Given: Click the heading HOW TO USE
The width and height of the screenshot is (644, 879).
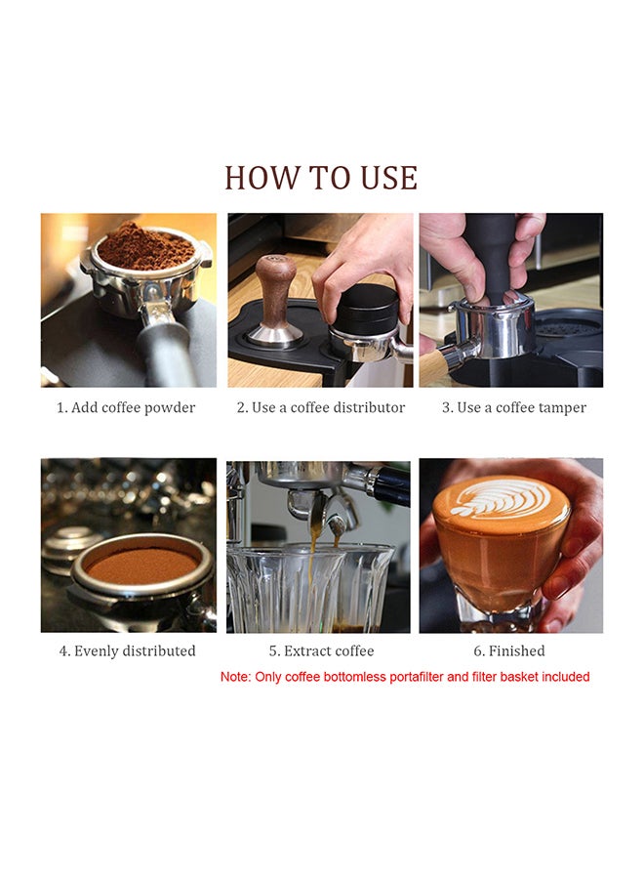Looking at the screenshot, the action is pyautogui.click(x=321, y=178).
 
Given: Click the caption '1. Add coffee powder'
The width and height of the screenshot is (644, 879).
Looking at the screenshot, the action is pyautogui.click(x=126, y=407).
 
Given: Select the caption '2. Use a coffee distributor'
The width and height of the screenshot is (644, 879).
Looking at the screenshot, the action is pyautogui.click(x=320, y=407).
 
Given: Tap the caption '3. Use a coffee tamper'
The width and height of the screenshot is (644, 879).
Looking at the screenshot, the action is pyautogui.click(x=513, y=407).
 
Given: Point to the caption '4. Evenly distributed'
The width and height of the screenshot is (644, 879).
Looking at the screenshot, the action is pyautogui.click(x=127, y=650).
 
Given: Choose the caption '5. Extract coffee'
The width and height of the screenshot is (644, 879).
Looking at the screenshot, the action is pyautogui.click(x=321, y=650).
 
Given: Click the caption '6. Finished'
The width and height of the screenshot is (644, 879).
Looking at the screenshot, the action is pyautogui.click(x=509, y=650).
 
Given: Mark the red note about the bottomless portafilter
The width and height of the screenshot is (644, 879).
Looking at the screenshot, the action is pyautogui.click(x=405, y=677).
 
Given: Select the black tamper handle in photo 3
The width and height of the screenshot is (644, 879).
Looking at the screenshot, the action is pyautogui.click(x=490, y=258).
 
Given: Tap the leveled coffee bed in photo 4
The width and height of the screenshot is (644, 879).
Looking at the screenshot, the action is pyautogui.click(x=142, y=565).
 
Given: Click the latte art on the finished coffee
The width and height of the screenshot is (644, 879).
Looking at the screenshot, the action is pyautogui.click(x=502, y=498).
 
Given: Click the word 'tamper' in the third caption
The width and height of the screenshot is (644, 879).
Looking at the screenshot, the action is pyautogui.click(x=564, y=408).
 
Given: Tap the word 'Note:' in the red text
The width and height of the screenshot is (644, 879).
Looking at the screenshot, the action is pyautogui.click(x=235, y=677).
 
